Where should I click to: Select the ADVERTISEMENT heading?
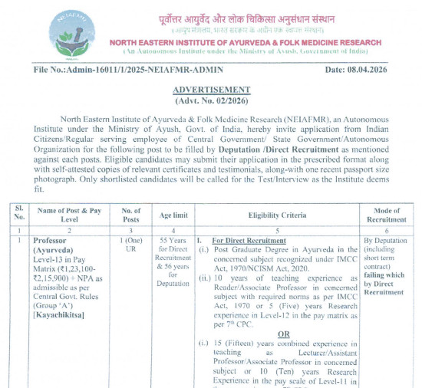pos(212,90)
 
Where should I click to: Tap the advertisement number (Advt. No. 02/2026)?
pos(212,101)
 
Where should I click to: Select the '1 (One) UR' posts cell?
pos(131,245)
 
